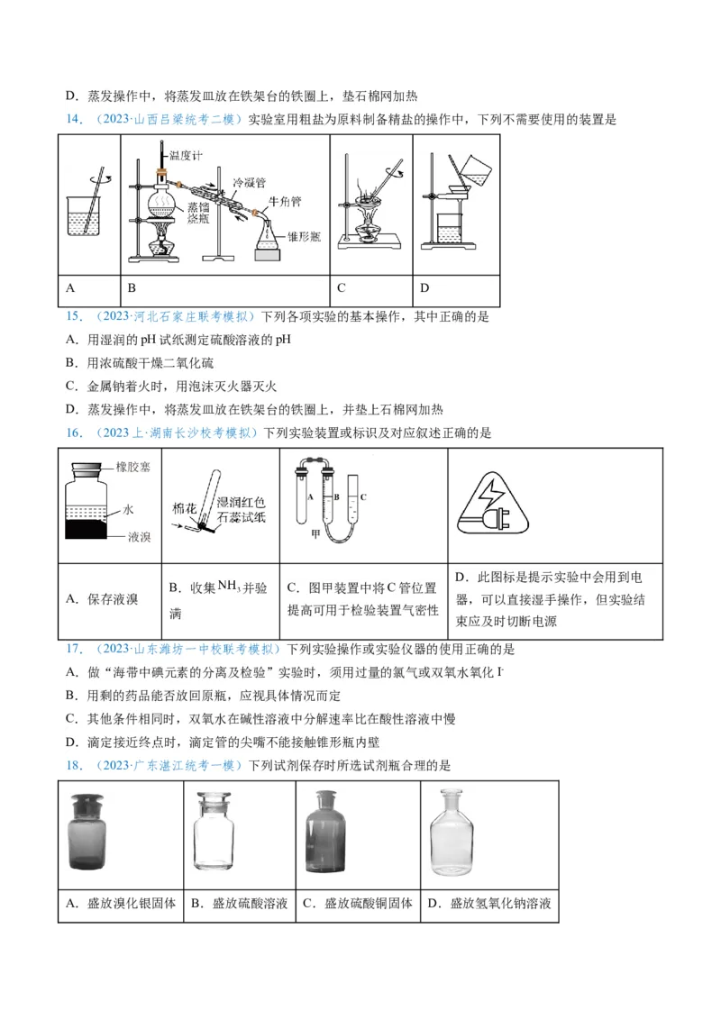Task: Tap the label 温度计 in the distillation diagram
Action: pyautogui.click(x=186, y=155)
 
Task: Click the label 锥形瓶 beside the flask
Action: pyautogui.click(x=304, y=236)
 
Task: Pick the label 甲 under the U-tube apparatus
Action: pyautogui.click(x=315, y=535)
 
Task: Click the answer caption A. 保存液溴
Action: pyautogui.click(x=102, y=599)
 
